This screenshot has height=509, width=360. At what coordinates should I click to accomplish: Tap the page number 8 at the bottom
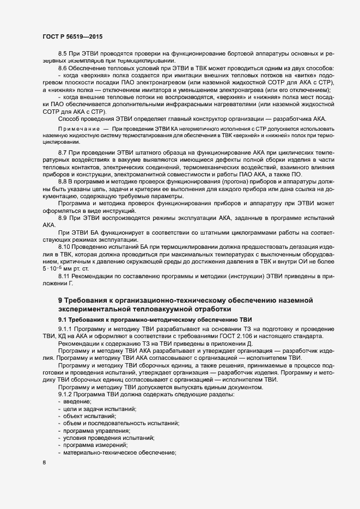click(44, 463)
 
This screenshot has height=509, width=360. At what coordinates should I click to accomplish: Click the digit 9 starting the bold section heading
click(60, 301)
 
